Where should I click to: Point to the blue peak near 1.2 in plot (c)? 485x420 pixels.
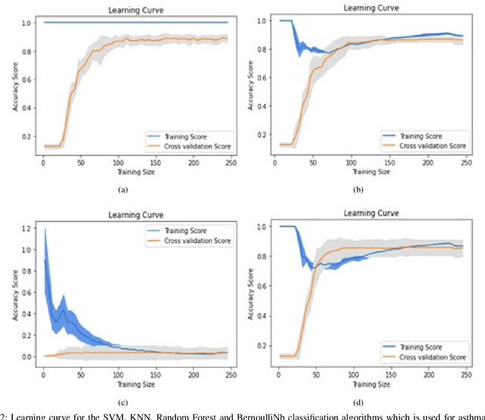pyautogui.click(x=44, y=229)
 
